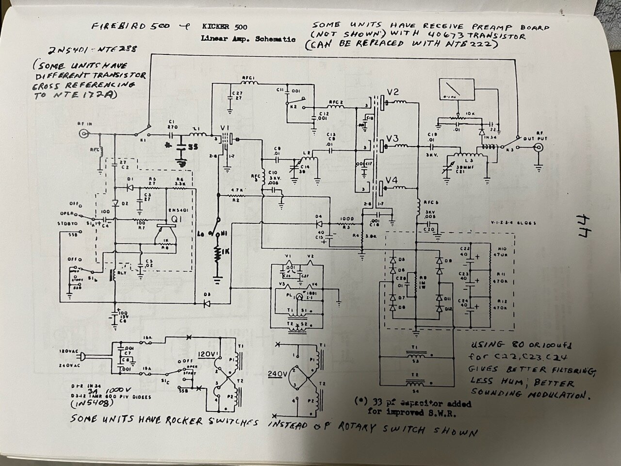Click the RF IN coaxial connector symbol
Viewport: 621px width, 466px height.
point(85,133)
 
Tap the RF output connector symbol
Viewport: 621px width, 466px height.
point(536,150)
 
